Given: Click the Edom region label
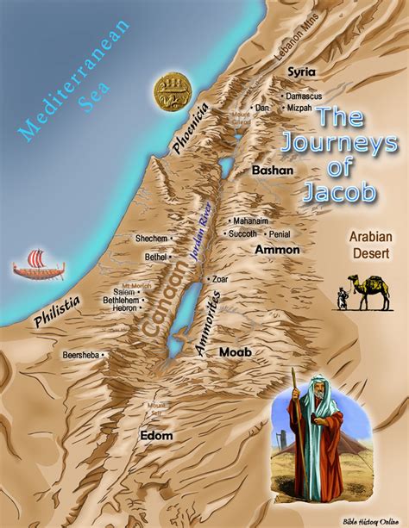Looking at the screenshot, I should point(156,436).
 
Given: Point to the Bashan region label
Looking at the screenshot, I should point(273,171).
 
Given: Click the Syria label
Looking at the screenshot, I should point(302,71).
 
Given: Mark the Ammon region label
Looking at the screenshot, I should point(277,250).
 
